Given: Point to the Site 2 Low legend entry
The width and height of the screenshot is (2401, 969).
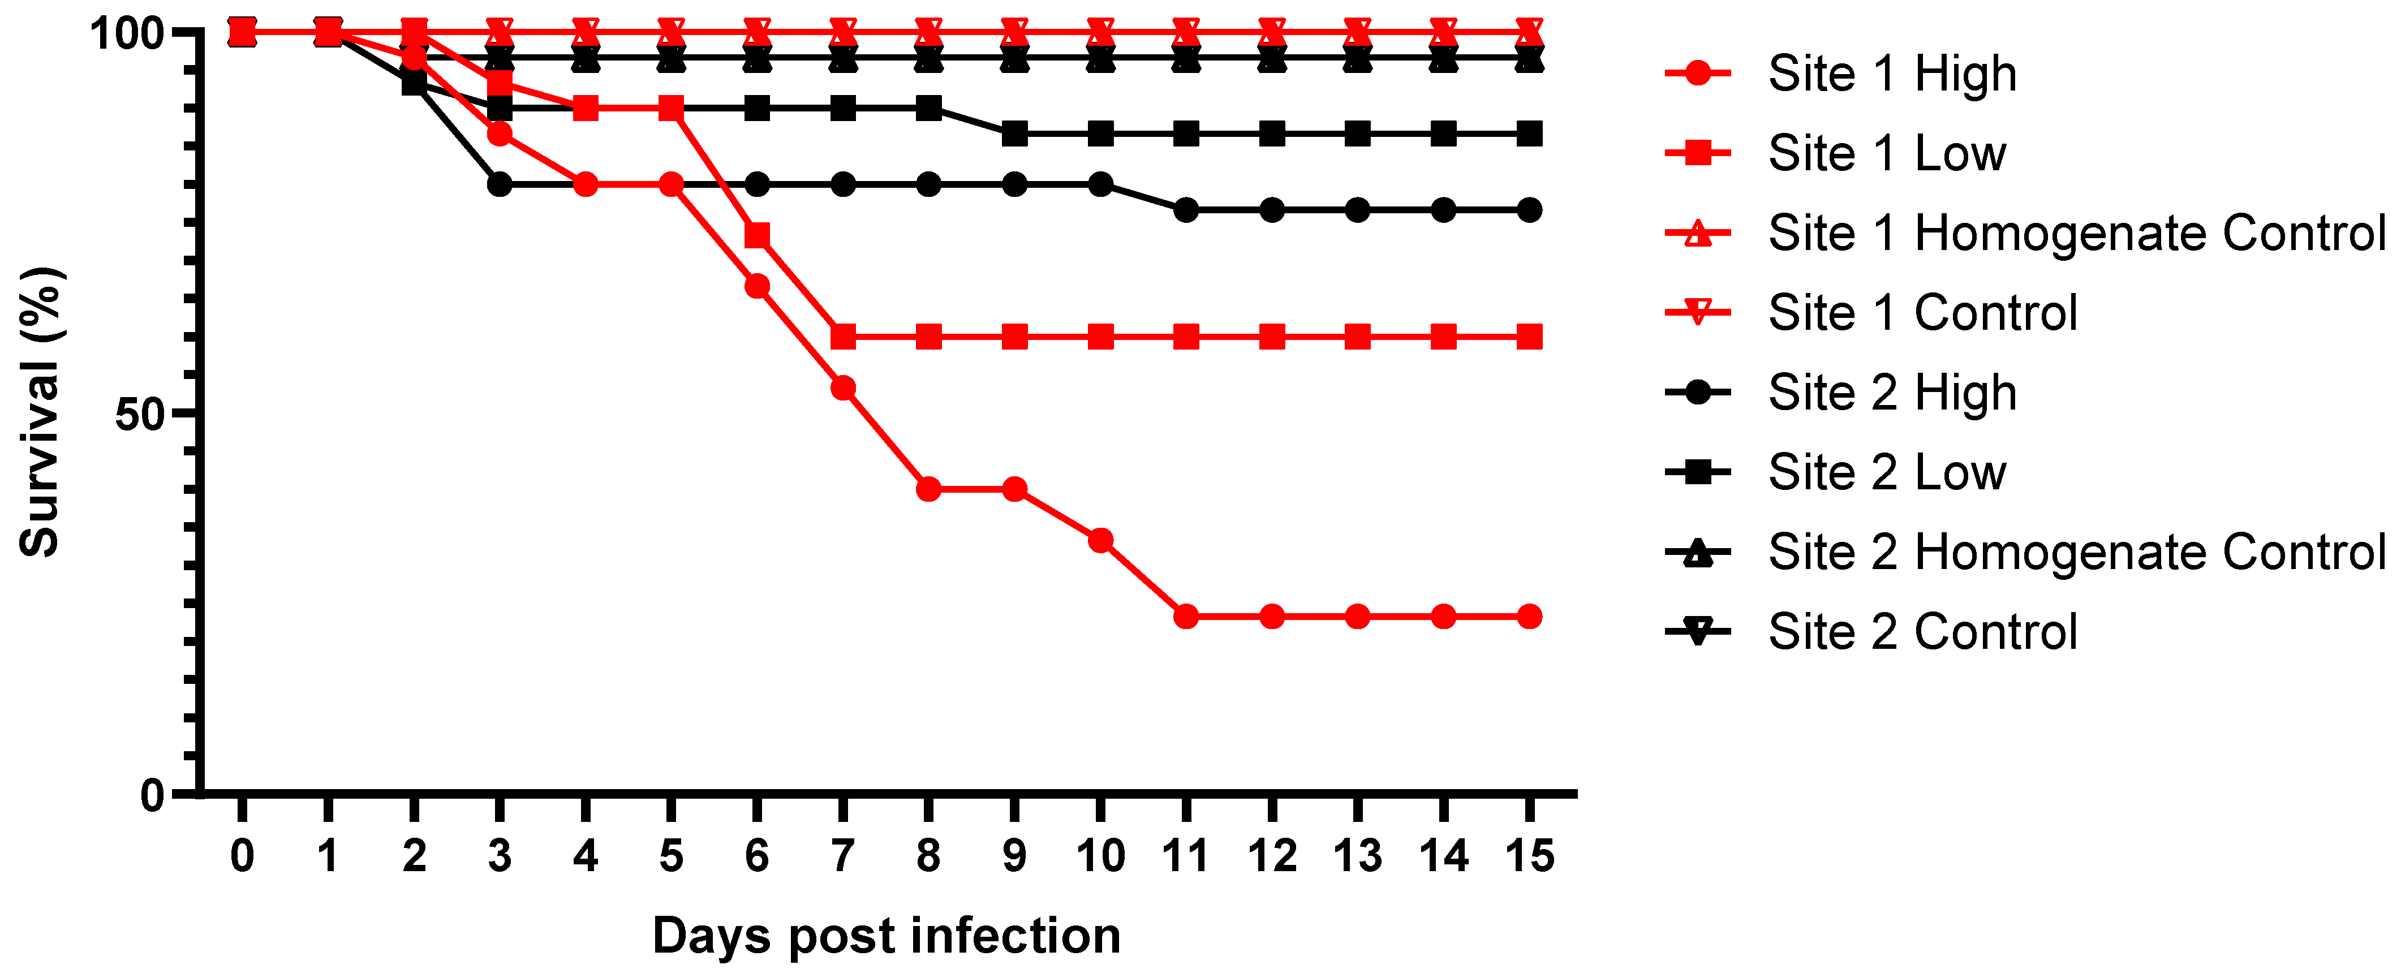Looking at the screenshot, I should [x=1887, y=472].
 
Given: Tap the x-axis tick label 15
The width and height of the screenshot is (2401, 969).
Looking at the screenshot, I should [x=1529, y=855].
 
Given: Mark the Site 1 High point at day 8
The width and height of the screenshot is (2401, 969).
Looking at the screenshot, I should [x=928, y=489].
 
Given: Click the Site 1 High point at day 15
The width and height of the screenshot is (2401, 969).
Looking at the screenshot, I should [x=1529, y=616].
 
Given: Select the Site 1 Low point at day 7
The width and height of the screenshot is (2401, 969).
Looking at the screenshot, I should [x=842, y=337].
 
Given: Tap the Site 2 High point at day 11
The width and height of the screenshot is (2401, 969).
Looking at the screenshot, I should [x=1186, y=210].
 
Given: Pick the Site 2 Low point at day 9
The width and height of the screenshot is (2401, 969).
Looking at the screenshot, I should [x=1014, y=133].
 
